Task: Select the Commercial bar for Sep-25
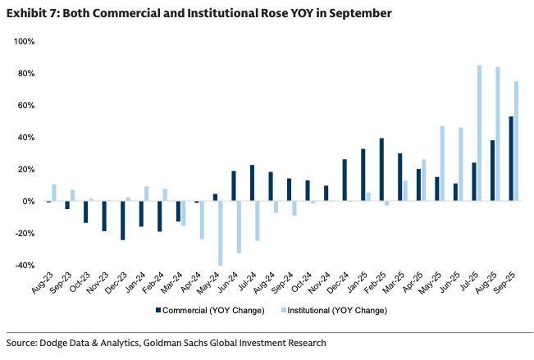pos(512,158)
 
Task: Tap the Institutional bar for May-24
pos(221,233)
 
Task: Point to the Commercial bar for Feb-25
pos(382,170)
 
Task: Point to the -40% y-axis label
pos(25,265)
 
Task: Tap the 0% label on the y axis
pos(29,201)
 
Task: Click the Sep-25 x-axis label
pos(510,284)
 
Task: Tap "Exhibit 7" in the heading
pos(30,13)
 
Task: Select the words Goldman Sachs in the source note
pos(188,342)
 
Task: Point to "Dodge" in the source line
pos(59,342)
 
